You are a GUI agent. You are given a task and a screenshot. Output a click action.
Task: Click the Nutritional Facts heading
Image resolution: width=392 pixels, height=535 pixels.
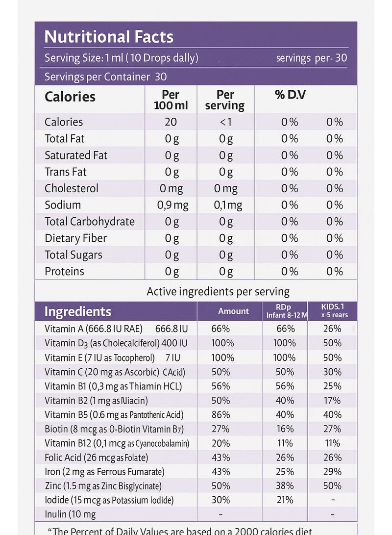click(x=109, y=37)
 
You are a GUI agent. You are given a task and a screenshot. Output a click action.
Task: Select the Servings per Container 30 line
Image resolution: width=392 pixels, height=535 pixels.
click(x=105, y=76)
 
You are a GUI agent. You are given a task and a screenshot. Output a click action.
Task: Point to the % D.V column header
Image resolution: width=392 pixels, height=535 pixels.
click(x=290, y=95)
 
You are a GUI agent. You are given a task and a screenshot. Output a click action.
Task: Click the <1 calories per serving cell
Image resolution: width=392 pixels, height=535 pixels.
click(x=225, y=122)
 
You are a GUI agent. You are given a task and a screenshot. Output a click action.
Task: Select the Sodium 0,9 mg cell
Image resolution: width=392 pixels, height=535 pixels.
click(x=172, y=205)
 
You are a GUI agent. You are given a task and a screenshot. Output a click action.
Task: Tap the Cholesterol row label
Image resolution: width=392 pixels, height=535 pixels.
click(x=72, y=188)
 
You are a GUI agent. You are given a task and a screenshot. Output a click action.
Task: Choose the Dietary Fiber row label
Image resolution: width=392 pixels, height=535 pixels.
click(x=75, y=238)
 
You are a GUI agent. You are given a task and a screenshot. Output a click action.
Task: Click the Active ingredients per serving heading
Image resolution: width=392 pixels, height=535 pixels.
click(x=218, y=292)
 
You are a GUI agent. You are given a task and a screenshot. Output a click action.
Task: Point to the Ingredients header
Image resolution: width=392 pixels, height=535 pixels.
click(x=78, y=311)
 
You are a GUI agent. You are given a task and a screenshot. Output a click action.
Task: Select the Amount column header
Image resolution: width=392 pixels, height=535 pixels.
click(x=233, y=311)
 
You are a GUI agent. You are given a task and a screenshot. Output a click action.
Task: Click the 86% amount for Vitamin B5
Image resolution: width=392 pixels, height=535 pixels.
click(x=220, y=415)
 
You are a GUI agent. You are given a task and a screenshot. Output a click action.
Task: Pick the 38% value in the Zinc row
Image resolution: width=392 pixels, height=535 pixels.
click(x=285, y=486)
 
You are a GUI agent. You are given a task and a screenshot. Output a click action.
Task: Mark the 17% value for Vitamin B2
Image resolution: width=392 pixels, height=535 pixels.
click(x=333, y=400)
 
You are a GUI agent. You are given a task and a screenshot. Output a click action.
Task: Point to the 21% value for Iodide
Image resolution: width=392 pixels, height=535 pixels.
click(x=285, y=500)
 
